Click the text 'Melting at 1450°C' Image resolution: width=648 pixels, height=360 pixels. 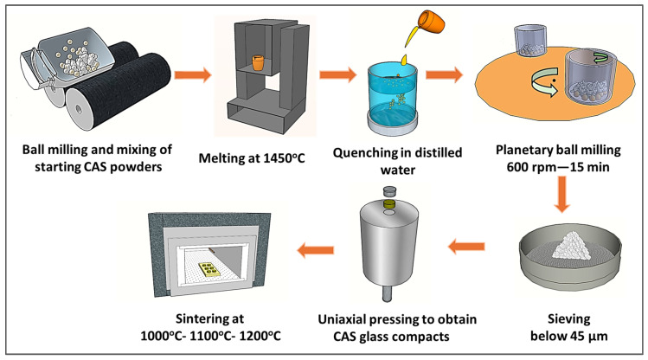coord(259,156)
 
